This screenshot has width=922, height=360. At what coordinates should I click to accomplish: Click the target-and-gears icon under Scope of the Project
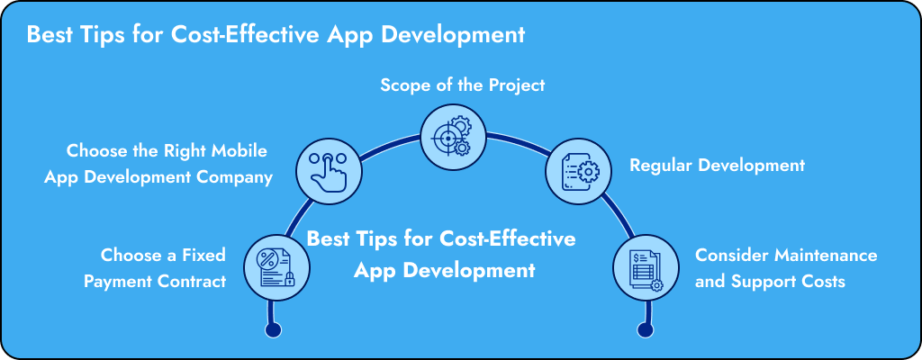tap(454, 138)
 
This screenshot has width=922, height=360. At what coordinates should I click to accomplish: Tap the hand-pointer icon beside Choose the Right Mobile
tap(328, 172)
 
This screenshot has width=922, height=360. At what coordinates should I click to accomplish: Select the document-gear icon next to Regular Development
tap(579, 172)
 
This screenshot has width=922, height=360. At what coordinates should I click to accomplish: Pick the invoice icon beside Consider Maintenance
tap(646, 267)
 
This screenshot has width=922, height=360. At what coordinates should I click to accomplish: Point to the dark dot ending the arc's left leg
tap(274, 330)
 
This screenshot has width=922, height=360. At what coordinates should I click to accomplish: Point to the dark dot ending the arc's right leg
tap(645, 330)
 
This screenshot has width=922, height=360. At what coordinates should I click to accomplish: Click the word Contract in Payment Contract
tap(192, 281)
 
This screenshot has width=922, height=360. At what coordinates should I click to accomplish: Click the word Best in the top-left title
tap(47, 35)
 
